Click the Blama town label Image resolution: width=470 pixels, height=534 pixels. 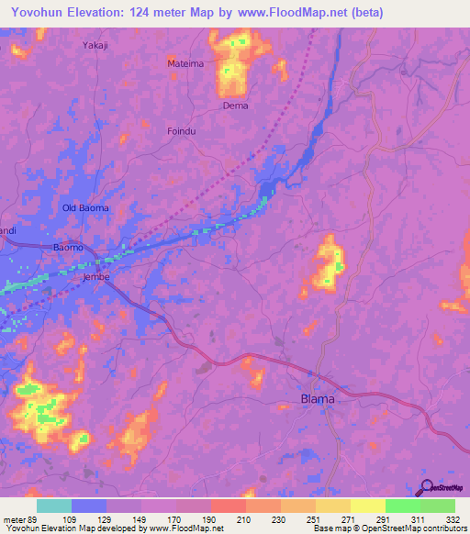click(x=318, y=399)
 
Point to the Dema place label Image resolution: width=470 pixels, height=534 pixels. click(x=236, y=106)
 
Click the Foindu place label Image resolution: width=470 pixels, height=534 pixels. click(x=182, y=132)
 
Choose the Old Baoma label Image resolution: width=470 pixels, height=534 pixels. click(x=85, y=208)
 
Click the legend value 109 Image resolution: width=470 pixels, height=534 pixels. click(x=81, y=519)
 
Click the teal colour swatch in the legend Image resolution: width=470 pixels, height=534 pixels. click(x=54, y=506)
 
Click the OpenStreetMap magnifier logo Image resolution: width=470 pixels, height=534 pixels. click(x=425, y=488)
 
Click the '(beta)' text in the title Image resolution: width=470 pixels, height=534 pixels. click(x=363, y=12)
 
